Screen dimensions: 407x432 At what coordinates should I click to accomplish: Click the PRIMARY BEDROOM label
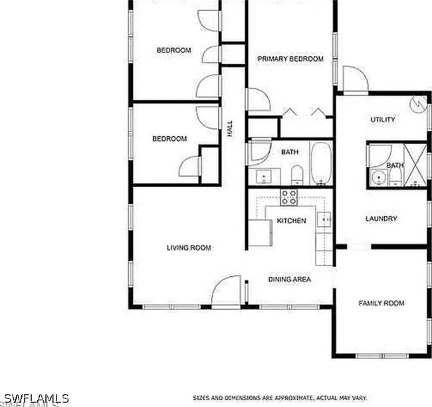[290, 59]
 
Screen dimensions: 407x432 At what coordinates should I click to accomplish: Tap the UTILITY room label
[382, 120]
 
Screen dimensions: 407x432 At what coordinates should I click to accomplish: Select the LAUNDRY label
[381, 218]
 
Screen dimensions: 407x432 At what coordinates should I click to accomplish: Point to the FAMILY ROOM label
[381, 303]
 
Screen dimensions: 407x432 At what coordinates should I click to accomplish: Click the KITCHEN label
[291, 220]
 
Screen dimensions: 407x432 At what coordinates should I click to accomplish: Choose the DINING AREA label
[290, 280]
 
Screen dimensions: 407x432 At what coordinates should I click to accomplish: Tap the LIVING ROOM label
[189, 248]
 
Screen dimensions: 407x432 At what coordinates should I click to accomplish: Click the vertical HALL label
[231, 129]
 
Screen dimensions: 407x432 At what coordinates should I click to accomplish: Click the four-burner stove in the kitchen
[289, 197]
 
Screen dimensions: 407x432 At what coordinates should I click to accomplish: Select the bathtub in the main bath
[320, 163]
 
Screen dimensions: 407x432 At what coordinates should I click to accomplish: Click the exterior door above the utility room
[355, 80]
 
